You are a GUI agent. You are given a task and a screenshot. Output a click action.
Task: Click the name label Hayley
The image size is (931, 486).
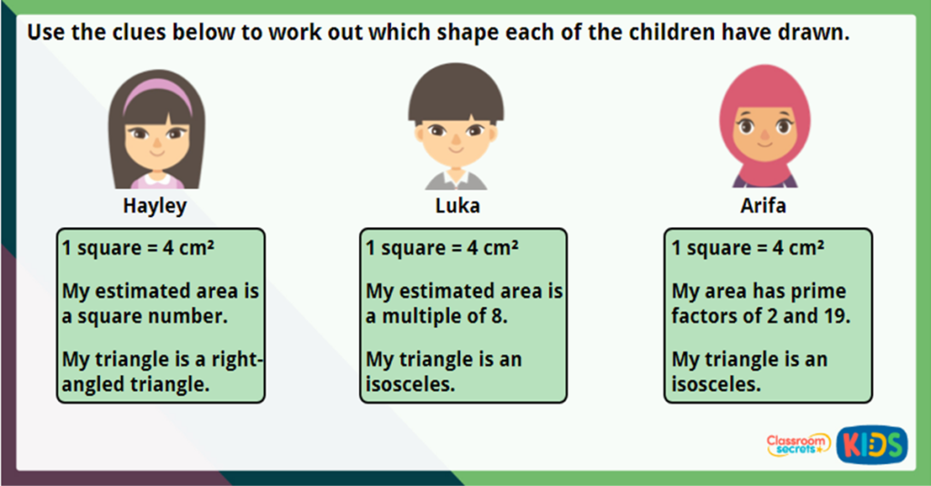coord(155,206)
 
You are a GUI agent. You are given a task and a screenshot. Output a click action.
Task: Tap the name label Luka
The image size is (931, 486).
coord(457,206)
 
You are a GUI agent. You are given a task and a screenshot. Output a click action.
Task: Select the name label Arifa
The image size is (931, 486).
coord(763,206)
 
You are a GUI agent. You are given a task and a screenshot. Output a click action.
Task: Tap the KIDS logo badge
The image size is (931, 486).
coord(872,444)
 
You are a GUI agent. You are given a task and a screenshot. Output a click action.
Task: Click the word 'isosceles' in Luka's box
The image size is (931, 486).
coord(409,384)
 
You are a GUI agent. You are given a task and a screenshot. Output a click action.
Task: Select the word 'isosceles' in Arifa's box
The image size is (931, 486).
coord(715,384)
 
